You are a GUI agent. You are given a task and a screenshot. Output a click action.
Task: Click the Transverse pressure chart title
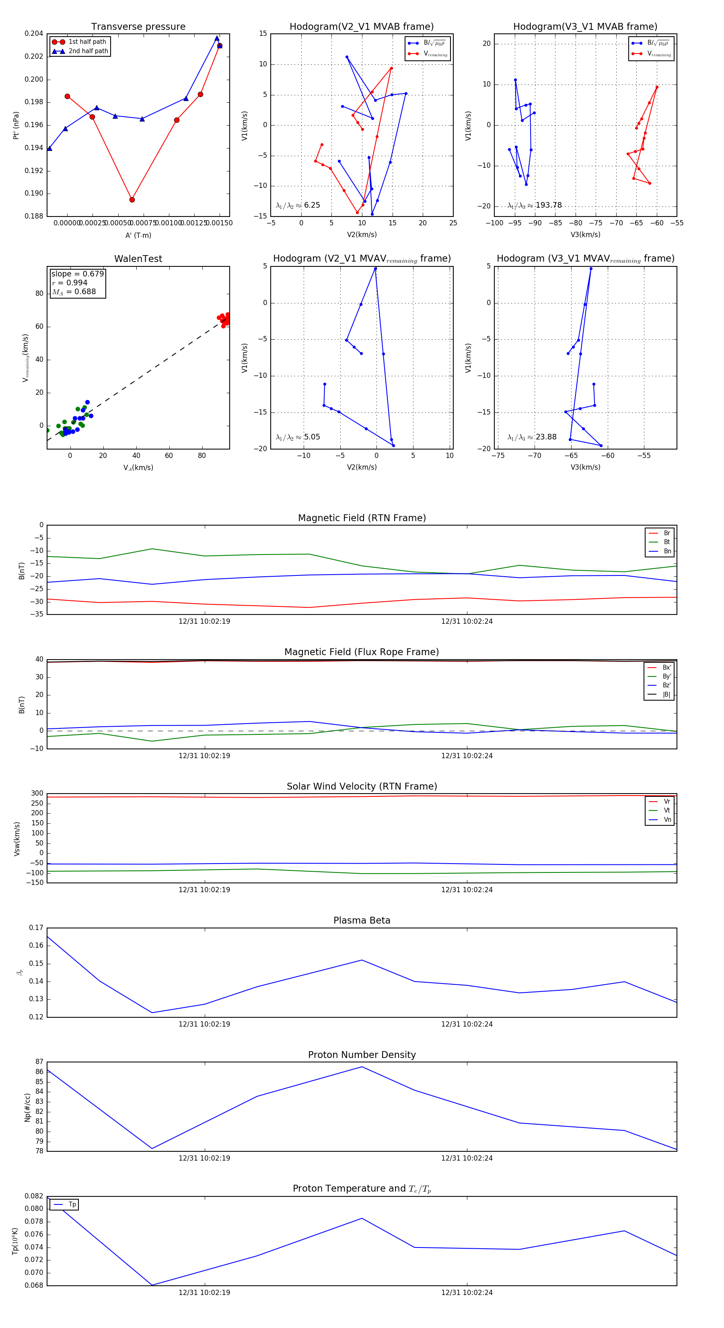(x=138, y=27)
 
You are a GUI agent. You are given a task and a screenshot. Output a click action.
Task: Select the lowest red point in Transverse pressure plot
(x=132, y=200)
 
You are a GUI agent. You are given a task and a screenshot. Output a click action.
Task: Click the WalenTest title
(x=138, y=259)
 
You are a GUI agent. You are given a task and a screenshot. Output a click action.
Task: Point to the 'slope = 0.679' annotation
(x=77, y=274)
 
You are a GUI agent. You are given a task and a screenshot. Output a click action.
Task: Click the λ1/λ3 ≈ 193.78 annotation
(x=535, y=205)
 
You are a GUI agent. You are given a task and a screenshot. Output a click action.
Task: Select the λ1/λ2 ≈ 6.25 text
(x=298, y=205)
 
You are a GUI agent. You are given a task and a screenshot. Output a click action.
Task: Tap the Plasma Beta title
(x=362, y=921)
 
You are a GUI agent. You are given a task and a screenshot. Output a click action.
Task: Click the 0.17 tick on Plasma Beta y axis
(x=36, y=928)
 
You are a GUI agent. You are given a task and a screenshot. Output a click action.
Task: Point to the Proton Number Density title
(x=362, y=1055)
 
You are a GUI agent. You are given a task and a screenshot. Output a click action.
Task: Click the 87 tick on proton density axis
(x=39, y=1062)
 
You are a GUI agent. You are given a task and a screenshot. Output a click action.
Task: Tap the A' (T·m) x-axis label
(x=138, y=235)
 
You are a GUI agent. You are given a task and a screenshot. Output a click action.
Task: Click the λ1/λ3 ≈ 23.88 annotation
(x=532, y=437)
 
